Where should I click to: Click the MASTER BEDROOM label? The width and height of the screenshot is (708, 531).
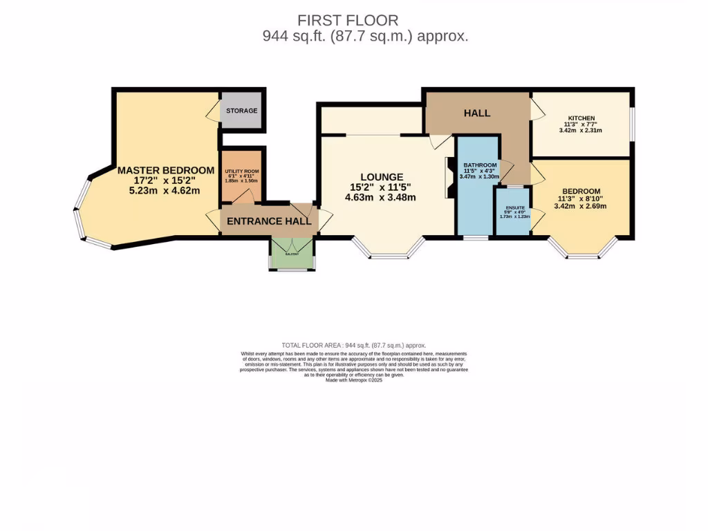click(x=166, y=170)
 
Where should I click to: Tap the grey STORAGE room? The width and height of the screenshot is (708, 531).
click(x=241, y=111)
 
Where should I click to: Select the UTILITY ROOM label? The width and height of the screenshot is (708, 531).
click(x=241, y=171)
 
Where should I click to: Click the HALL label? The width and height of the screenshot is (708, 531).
click(x=477, y=113)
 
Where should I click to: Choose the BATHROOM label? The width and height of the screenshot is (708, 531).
click(x=480, y=165)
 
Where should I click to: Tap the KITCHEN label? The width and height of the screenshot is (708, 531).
click(x=581, y=118)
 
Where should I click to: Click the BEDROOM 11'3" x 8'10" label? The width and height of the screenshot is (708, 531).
click(x=581, y=192)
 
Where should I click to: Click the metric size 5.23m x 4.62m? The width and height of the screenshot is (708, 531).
click(x=166, y=190)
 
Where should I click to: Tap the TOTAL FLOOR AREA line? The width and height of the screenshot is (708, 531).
click(x=354, y=345)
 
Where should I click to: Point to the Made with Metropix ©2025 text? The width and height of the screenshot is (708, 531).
click(x=354, y=380)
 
